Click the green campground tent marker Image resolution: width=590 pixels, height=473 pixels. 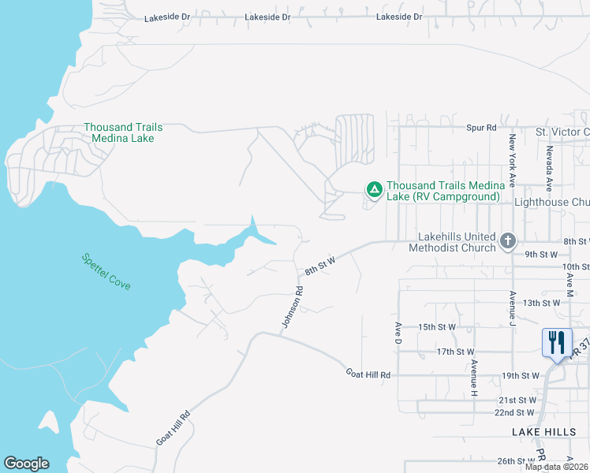coord(374,189)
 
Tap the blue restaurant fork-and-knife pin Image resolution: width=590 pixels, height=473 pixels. coord(557,342)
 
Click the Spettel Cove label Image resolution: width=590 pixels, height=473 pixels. coord(106,270)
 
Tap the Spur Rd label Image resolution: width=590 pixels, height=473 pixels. coord(481,127)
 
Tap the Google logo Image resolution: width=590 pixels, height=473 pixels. coord(26,464)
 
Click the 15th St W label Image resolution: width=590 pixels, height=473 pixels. coord(437,326)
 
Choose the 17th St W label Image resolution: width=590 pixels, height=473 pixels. coord(455,352)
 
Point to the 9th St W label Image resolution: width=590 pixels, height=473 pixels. coord(541,254)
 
